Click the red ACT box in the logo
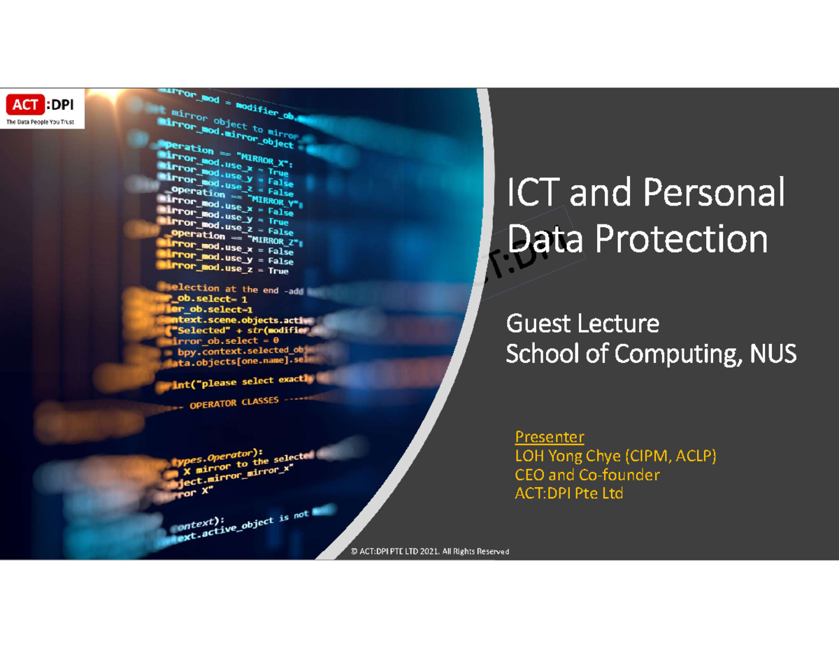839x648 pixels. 25,106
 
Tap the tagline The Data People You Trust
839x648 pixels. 40,122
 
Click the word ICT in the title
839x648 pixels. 533,194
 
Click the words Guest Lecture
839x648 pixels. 582,324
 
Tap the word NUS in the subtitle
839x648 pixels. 773,354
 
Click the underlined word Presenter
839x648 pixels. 549,438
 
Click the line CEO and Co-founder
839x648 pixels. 587,475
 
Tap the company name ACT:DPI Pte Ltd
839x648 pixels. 568,494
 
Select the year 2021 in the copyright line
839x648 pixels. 426,552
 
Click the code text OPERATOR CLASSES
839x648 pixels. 234,403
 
